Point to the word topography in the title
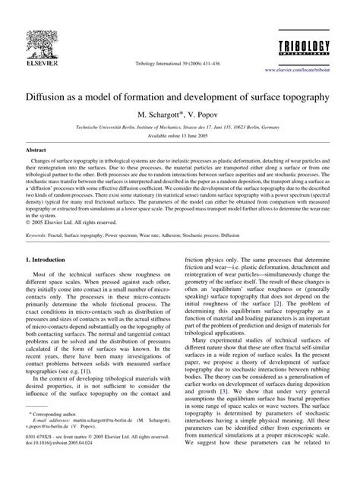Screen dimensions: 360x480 click(x=301, y=98)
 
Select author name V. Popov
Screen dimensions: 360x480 click(x=202, y=115)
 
